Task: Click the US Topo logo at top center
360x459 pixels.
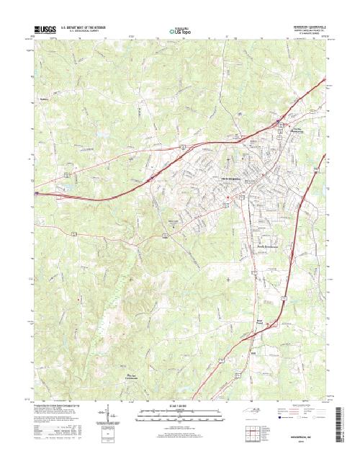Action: (179, 31)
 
